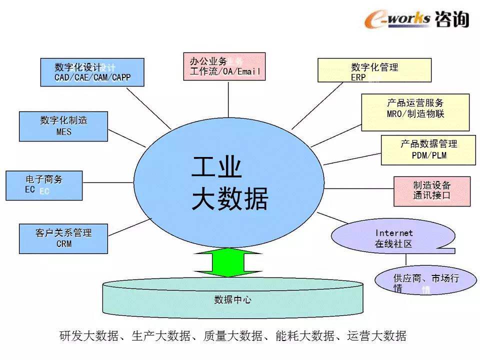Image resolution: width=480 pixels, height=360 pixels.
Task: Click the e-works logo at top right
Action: coord(397,18)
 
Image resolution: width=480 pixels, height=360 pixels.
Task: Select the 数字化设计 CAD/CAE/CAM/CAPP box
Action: coord(92,72)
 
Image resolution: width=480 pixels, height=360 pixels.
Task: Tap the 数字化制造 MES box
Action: coord(63,126)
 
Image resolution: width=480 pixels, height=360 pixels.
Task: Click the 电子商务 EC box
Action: coord(44,185)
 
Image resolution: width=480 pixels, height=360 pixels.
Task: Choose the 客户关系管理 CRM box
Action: coord(63,238)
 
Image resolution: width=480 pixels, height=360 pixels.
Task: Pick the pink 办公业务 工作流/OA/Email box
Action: coord(224,66)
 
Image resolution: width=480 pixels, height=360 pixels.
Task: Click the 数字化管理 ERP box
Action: coord(374,70)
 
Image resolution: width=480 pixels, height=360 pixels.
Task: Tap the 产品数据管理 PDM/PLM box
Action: coord(428,149)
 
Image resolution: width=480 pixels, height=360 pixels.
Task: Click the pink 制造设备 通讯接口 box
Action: coord(432,191)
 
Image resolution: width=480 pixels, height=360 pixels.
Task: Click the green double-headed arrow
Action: coord(228,261)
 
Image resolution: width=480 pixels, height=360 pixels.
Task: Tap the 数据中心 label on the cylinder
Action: coord(232,300)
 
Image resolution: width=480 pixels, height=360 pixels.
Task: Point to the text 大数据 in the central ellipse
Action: coord(230,199)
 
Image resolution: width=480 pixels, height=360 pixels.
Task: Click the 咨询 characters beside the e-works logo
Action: coord(452,18)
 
